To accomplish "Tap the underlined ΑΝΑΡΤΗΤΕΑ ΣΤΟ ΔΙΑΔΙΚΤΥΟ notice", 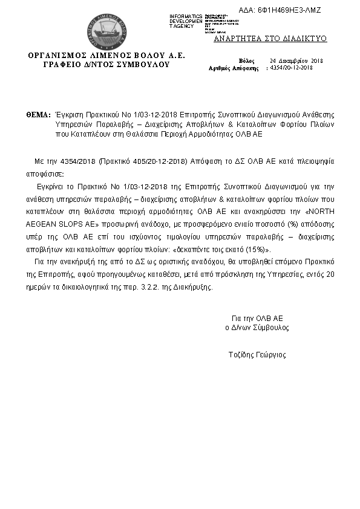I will [x=270, y=39].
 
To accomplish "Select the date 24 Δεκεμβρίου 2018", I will [x=297, y=61].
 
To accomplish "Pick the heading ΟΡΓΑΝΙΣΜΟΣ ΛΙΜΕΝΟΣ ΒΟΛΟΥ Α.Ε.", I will [x=106, y=56].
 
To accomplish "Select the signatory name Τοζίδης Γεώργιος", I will [x=257, y=355].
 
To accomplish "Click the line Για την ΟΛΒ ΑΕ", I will [x=257, y=318].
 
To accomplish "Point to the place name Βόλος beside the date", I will [x=246, y=61].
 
